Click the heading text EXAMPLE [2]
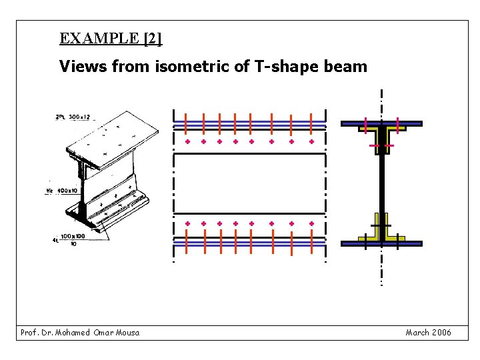(x=110, y=38)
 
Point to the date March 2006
(x=428, y=332)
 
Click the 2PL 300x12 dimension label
(x=76, y=117)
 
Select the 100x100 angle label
(x=73, y=236)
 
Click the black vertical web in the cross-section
(x=382, y=187)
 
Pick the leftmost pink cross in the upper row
(x=187, y=142)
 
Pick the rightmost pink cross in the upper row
(x=311, y=142)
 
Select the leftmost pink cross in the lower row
(x=187, y=223)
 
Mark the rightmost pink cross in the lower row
(x=311, y=223)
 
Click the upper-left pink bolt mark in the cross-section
(x=366, y=123)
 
